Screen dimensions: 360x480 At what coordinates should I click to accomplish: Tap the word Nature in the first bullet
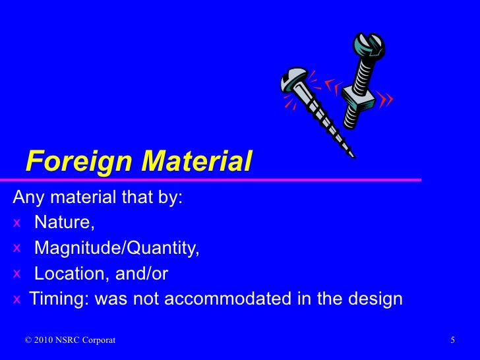tap(63, 223)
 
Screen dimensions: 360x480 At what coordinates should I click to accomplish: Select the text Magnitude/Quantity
tap(116, 249)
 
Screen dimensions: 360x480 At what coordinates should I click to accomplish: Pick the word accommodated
tap(224, 299)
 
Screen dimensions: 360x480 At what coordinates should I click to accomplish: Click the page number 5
tap(454, 340)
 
